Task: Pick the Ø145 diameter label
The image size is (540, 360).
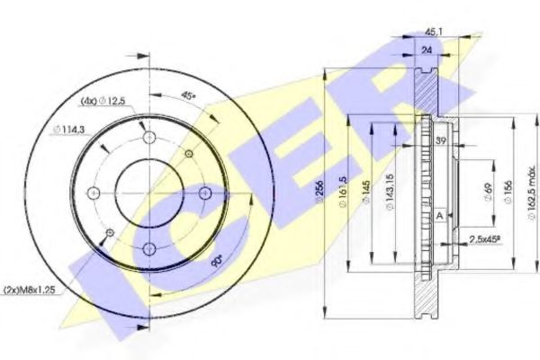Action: (x=366, y=193)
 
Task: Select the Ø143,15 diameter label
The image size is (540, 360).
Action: (x=390, y=193)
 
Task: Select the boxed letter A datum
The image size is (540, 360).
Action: (x=438, y=215)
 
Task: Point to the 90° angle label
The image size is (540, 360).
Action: (x=215, y=262)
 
